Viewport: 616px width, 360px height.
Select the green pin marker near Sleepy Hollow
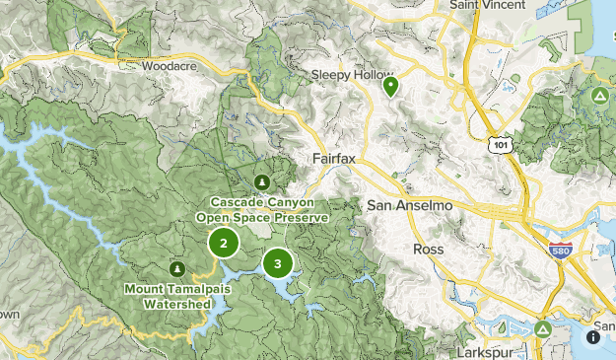(x=391, y=86)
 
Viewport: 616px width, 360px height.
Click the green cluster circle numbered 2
(x=224, y=243)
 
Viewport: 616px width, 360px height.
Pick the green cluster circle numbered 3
(x=278, y=263)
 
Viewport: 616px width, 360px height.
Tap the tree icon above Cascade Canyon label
(x=261, y=182)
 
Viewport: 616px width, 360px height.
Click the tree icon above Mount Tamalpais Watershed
(x=177, y=267)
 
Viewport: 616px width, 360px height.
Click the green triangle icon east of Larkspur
(x=543, y=328)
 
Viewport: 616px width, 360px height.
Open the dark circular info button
(x=594, y=337)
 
